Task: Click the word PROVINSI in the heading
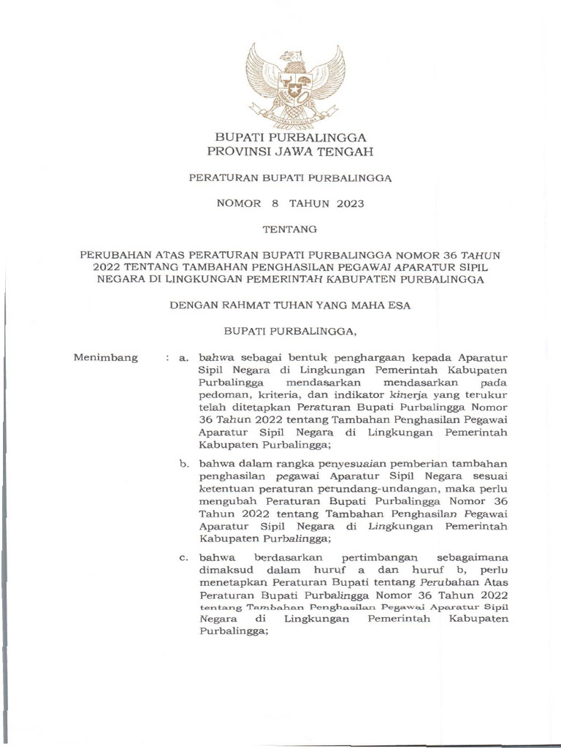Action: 232,152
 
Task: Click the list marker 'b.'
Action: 186,463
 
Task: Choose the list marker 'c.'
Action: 186,557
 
